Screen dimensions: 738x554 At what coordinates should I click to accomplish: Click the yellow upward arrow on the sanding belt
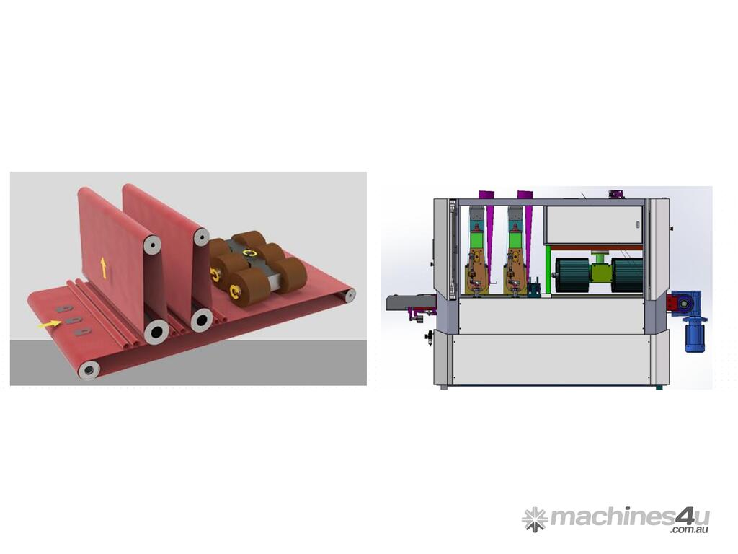103,267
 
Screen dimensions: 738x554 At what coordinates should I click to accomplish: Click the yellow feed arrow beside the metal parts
49,324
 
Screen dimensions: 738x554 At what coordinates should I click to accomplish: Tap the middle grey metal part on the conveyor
74,320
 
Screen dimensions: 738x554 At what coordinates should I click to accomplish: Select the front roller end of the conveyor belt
89,370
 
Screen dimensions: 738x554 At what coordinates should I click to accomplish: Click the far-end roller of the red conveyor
350,295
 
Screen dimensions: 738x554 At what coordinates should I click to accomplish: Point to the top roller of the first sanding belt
152,245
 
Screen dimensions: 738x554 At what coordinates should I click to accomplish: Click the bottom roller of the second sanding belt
202,320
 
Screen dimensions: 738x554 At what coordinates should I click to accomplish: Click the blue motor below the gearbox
694,335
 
